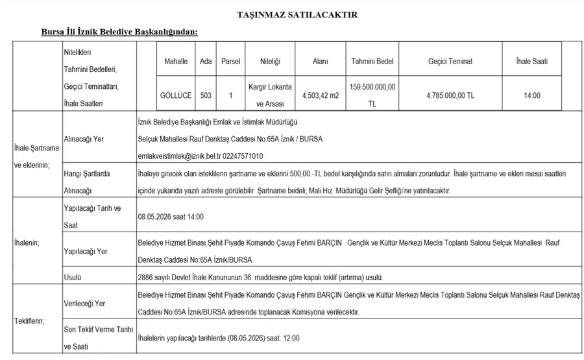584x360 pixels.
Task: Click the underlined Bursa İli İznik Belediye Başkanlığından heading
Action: (x=119, y=32)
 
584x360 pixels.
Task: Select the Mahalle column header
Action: (x=175, y=62)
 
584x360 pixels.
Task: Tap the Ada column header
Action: (x=206, y=62)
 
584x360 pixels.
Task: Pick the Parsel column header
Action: (x=230, y=62)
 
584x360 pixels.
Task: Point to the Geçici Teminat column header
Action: (x=450, y=62)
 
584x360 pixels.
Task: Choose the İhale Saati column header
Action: (x=533, y=62)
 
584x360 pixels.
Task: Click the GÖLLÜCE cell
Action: (x=175, y=95)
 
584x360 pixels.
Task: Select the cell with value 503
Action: (x=206, y=95)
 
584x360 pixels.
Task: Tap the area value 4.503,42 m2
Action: (x=321, y=95)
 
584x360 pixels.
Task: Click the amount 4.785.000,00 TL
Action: (x=450, y=95)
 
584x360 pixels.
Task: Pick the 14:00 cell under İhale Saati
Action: (x=533, y=95)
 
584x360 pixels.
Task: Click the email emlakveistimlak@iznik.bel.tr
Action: (x=179, y=156)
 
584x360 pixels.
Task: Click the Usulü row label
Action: (x=72, y=278)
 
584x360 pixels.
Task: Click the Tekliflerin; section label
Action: (x=29, y=321)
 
